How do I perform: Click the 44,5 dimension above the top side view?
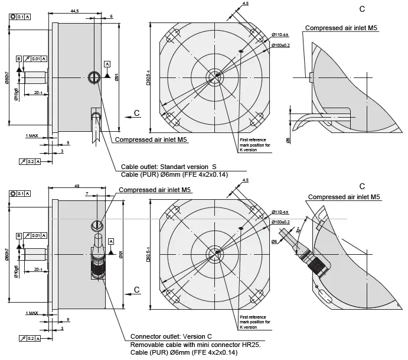[x=75, y=11]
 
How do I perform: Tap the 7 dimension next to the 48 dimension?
[x=87, y=193]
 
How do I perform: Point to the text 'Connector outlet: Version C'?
[x=171, y=336]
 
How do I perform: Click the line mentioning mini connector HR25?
[x=195, y=344]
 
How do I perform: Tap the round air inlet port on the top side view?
[x=93, y=76]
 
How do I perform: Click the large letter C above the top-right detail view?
[x=361, y=8]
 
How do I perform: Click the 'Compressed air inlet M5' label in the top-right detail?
[x=341, y=28]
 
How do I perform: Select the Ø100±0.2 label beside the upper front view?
[x=280, y=45]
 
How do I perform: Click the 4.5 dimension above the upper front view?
[x=246, y=4]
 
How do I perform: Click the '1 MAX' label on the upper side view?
[x=32, y=135]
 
